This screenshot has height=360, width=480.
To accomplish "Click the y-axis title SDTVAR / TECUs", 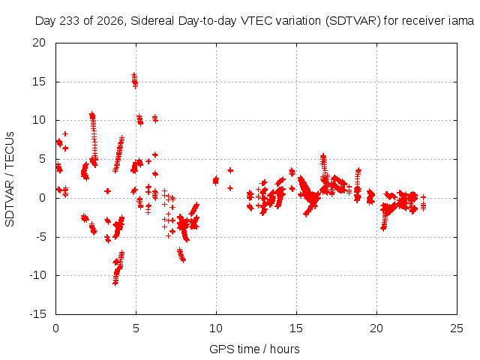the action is [10, 179].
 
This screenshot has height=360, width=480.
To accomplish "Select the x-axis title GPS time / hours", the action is [254, 349].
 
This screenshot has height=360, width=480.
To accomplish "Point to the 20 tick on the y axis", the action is [39, 43].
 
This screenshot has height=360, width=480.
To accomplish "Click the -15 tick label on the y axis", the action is [37, 314].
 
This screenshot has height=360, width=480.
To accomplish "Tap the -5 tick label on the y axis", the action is [40, 237].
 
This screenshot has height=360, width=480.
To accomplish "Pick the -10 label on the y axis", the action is [37, 275].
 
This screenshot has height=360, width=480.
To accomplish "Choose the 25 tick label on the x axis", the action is [457, 328].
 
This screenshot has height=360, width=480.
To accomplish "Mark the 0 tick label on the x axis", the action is [55, 328].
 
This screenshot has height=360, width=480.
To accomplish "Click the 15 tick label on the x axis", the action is [296, 328].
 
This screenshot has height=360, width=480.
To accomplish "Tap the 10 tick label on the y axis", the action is [39, 120].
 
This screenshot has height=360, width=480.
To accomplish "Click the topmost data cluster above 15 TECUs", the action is [135, 80].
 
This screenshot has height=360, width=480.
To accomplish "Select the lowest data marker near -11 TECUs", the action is [115, 283].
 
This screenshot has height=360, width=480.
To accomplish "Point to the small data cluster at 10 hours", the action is [216, 181].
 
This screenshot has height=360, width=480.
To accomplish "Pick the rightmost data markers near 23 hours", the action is [423, 203].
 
